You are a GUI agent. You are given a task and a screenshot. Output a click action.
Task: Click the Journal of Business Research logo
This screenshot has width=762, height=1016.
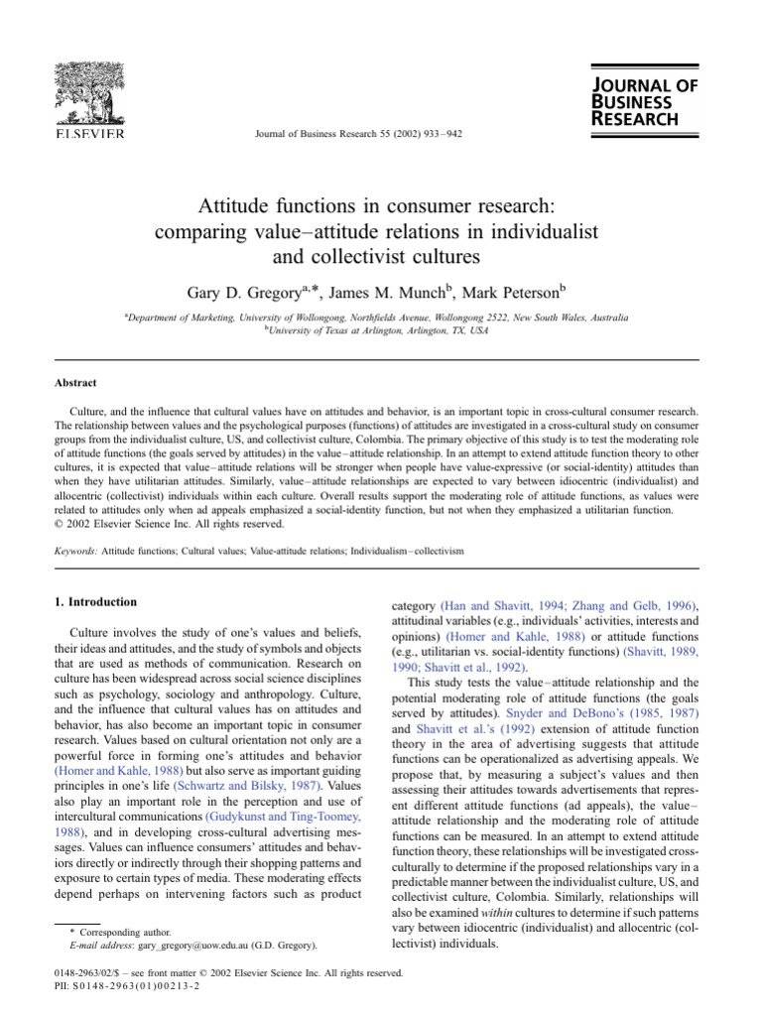[633, 101]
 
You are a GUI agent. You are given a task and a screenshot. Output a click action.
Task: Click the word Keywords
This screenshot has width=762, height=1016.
[76, 549]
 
